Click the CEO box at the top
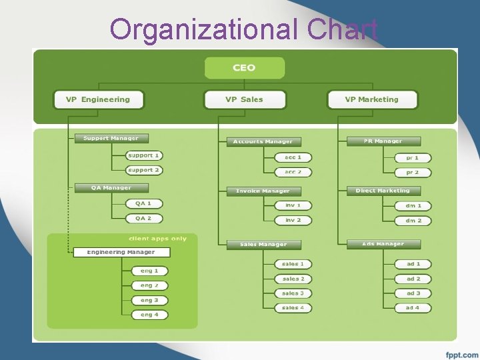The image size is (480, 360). [x=244, y=68]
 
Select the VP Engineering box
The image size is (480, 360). [x=98, y=100]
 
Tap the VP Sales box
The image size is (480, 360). [x=244, y=100]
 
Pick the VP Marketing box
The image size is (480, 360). [x=371, y=100]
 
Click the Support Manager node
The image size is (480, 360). [x=111, y=139]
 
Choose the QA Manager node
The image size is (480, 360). [x=111, y=188]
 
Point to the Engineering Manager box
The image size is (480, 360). [x=121, y=253]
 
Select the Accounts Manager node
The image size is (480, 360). [x=263, y=142]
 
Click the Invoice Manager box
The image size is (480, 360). [x=263, y=191]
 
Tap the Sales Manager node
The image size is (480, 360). [x=263, y=245]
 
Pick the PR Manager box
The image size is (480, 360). [x=383, y=141]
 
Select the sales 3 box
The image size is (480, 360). [x=293, y=293]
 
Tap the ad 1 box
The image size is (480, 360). [x=413, y=264]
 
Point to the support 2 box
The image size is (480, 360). [x=144, y=171]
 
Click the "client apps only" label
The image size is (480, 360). [x=157, y=239]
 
